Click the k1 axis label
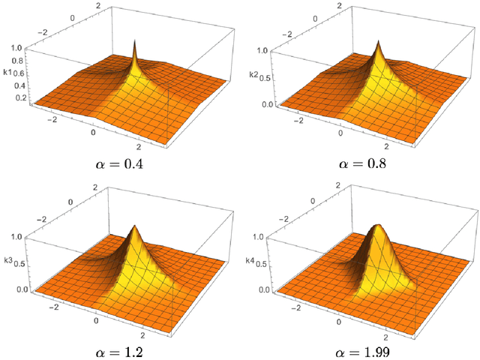8,73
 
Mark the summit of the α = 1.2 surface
135,224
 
